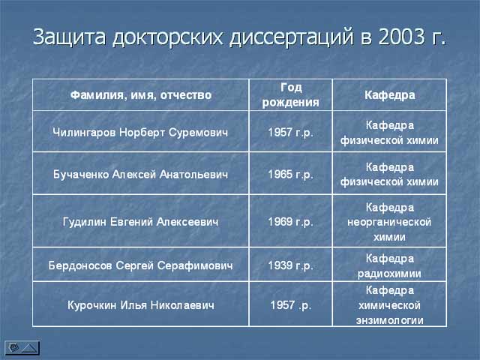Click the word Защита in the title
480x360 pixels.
pyautogui.click(x=70, y=37)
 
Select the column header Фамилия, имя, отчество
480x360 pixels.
pyautogui.click(x=141, y=95)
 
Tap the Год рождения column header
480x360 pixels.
pyautogui.click(x=291, y=95)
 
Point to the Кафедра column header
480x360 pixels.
pyautogui.click(x=390, y=95)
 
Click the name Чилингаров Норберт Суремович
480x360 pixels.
pyautogui.click(x=140, y=132)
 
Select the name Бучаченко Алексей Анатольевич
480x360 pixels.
pyautogui.click(x=140, y=174)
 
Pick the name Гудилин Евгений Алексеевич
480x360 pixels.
pyautogui.click(x=140, y=222)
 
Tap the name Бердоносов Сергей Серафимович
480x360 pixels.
pyautogui.click(x=140, y=265)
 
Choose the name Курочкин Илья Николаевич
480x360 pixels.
pyautogui.click(x=141, y=305)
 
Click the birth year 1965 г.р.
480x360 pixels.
pyautogui.click(x=291, y=174)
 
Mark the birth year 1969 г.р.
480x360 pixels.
pyautogui.click(x=291, y=222)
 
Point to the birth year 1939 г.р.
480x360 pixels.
pyautogui.click(x=291, y=265)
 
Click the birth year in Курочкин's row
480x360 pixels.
pyautogui.click(x=291, y=305)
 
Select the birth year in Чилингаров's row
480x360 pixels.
pyautogui.click(x=291, y=132)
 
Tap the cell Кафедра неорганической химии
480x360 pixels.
pyautogui.click(x=389, y=222)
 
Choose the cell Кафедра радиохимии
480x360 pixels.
pyautogui.click(x=389, y=265)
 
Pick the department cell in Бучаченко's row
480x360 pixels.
pyautogui.click(x=389, y=174)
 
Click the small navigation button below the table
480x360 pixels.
pyautogui.click(x=22, y=348)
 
